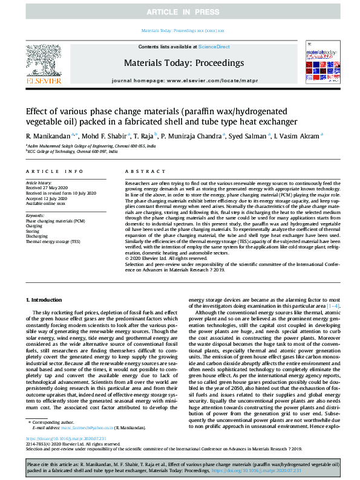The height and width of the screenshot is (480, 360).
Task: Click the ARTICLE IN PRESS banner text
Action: tap(180, 12)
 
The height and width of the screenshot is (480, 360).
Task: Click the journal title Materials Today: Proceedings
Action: tap(175, 62)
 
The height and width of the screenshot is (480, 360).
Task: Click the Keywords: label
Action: tap(35, 215)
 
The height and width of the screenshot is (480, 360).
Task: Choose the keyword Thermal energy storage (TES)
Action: tap(53, 241)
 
